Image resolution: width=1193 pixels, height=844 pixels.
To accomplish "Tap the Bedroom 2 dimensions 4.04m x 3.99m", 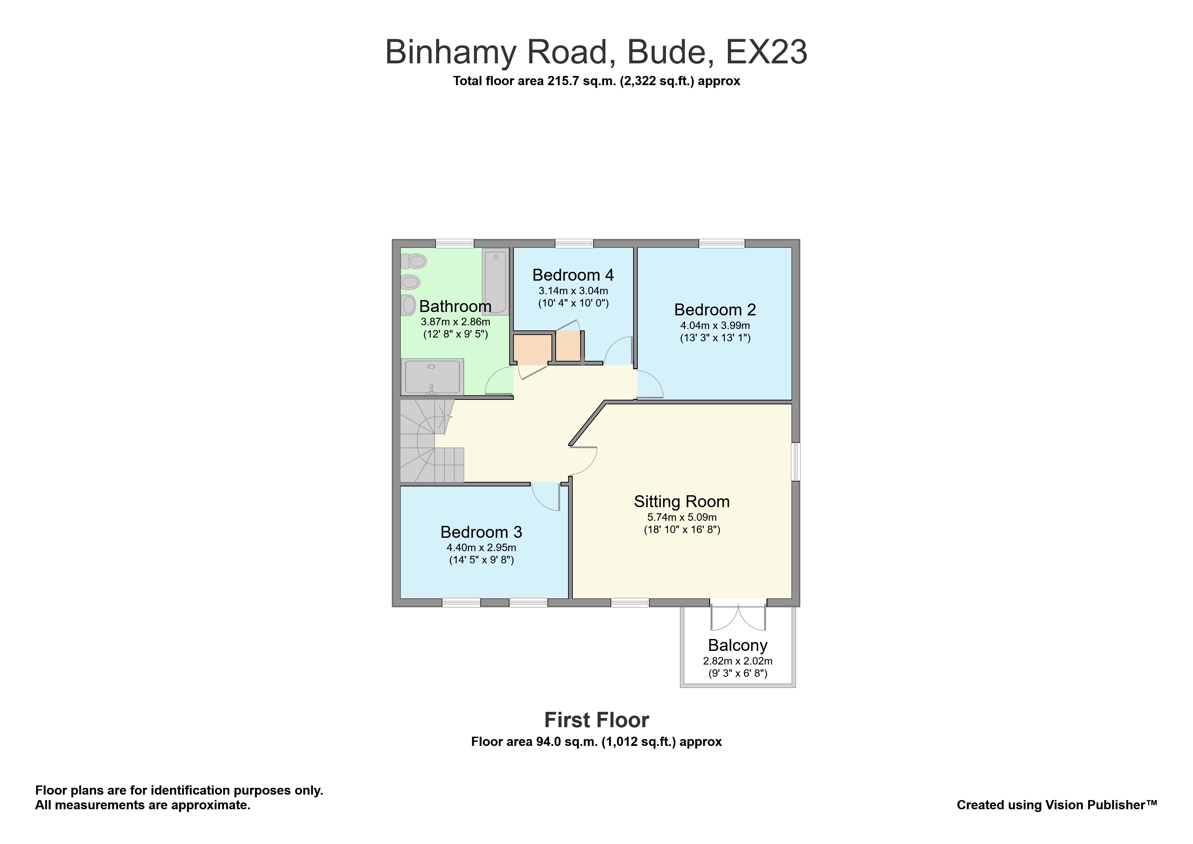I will pos(715,326).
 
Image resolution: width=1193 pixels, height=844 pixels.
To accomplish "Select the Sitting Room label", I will pos(681,501).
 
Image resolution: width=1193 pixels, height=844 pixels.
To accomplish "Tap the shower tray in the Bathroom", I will pos(432,376).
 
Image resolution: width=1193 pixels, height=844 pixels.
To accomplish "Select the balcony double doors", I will pos(738,616).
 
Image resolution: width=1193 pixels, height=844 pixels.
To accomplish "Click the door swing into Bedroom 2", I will pos(649,385).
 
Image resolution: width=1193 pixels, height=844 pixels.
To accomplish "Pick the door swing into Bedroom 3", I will pos(545,496).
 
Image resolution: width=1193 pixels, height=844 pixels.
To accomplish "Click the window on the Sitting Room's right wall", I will pos(796,461).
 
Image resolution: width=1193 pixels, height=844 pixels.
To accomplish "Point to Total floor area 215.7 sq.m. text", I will pos(596,81).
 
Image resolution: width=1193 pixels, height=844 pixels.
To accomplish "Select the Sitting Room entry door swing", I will pos(583,461).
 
